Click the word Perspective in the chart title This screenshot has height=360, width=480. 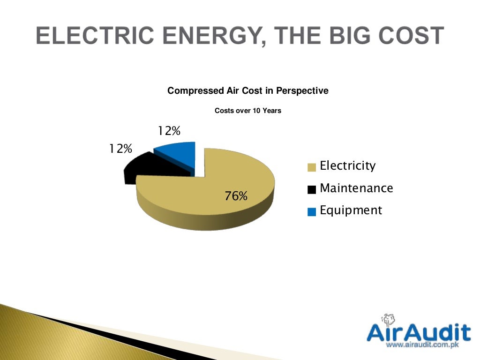pyautogui.click(x=302, y=90)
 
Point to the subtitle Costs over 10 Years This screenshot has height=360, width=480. pyautogui.click(x=247, y=111)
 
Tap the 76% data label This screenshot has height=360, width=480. pyautogui.click(x=236, y=196)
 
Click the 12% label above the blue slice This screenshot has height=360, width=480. pyautogui.click(x=169, y=131)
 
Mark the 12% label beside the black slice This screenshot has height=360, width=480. pyautogui.click(x=120, y=149)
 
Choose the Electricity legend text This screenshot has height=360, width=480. pyautogui.click(x=347, y=165)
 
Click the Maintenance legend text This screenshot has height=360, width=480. pyautogui.click(x=356, y=188)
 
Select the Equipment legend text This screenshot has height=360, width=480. pyautogui.click(x=351, y=210)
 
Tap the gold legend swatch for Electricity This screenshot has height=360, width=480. pyautogui.click(x=312, y=167)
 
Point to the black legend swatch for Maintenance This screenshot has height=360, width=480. pyautogui.click(x=312, y=189)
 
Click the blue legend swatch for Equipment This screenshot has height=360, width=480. pyautogui.click(x=312, y=212)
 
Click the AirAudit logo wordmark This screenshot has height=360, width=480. pyautogui.click(x=418, y=332)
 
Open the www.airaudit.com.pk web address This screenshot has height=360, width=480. pyautogui.click(x=421, y=345)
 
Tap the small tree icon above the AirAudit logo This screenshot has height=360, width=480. pyautogui.click(x=387, y=320)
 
